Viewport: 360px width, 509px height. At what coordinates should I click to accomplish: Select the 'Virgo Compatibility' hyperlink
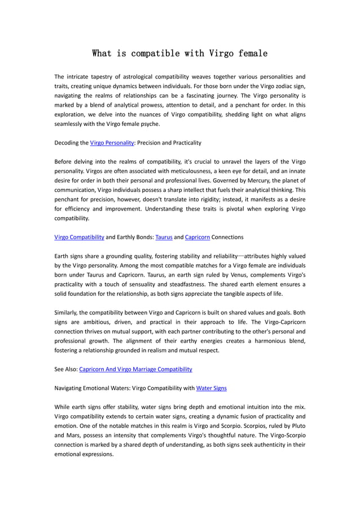click(79, 237)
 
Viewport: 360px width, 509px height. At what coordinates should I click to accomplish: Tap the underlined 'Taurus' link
click(164, 237)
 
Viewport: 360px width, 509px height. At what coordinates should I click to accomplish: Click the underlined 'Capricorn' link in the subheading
click(197, 237)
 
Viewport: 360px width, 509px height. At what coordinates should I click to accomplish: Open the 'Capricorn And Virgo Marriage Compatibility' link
click(135, 369)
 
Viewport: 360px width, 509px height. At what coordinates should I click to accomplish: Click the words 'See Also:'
click(66, 369)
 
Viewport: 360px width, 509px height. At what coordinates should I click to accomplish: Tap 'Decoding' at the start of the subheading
click(67, 143)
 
